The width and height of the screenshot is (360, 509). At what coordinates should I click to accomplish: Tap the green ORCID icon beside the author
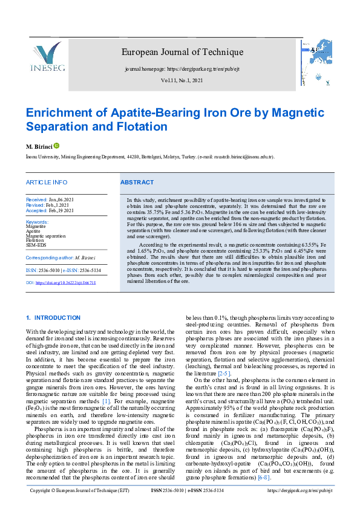coord(57,146)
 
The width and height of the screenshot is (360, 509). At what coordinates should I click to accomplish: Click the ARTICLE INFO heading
coord(47,182)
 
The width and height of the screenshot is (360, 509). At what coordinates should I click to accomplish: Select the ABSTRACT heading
coord(137,182)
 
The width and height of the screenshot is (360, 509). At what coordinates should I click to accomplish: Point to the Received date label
coord(36,199)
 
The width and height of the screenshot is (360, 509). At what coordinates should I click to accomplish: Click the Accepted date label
coord(37,210)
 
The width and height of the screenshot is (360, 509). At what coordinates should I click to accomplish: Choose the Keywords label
coord(37,222)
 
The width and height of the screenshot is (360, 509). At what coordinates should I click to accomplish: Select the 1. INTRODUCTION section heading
coord(53,318)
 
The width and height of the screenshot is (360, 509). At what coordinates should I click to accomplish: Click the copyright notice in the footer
coord(79,491)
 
